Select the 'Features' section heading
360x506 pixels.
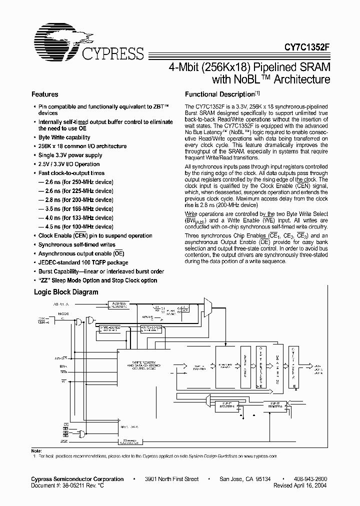tap(45, 94)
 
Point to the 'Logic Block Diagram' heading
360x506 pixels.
tap(66, 292)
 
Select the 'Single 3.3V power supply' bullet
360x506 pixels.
tap(70, 155)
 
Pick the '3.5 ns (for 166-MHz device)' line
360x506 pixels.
tap(76, 209)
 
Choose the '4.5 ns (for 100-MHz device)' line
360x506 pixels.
tap(76, 227)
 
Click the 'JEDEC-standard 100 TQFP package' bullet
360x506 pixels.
tap(83, 262)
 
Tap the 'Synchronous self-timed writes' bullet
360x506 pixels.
tap(77, 244)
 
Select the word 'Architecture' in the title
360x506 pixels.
tap(299, 79)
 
